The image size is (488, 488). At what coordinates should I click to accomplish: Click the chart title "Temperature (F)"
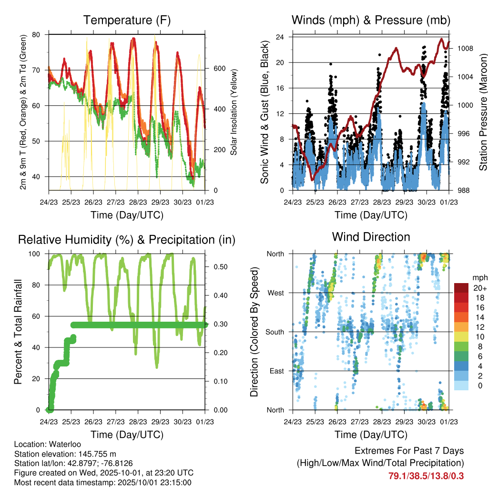(x=127, y=20)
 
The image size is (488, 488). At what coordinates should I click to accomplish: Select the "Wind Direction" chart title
(x=371, y=237)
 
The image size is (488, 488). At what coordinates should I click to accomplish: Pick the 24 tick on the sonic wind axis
(x=281, y=37)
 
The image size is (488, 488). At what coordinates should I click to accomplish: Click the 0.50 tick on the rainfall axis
(x=218, y=267)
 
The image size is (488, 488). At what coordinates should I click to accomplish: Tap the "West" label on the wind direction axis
(x=276, y=293)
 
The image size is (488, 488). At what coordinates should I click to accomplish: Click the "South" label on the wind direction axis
(x=275, y=332)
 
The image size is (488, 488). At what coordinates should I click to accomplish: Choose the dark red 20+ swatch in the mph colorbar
(x=462, y=288)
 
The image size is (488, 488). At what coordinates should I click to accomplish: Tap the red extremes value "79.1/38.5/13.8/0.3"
(x=426, y=476)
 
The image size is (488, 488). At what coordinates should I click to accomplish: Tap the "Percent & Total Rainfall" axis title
(x=18, y=332)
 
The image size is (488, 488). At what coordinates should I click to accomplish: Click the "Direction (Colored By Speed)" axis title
(x=254, y=332)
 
